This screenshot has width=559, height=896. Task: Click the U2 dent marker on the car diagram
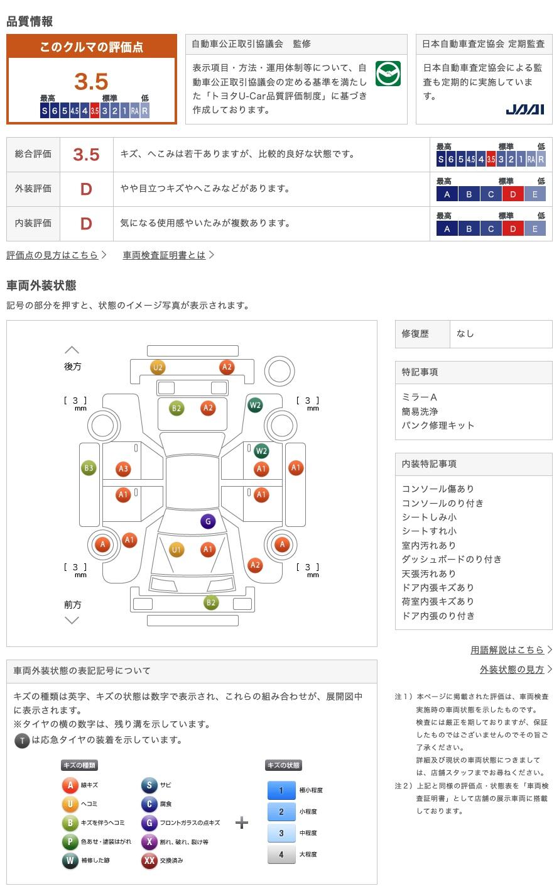(158, 367)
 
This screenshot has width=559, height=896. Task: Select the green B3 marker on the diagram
(89, 468)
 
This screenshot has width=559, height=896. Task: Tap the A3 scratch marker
(123, 469)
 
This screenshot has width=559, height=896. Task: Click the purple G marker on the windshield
(208, 521)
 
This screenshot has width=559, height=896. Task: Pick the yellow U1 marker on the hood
(176, 550)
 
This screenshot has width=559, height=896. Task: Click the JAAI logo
(524, 109)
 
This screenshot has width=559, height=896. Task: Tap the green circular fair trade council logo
(388, 74)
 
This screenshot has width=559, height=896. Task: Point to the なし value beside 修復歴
(465, 334)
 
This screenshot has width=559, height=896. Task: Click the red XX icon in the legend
(149, 860)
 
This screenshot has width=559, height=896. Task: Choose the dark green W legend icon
(70, 860)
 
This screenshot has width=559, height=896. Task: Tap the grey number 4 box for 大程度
(281, 855)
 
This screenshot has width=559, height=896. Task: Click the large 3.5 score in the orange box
(91, 81)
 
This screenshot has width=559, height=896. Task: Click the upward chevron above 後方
(72, 350)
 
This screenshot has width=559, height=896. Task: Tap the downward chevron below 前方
(72, 621)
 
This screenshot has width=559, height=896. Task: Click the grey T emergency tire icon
(22, 741)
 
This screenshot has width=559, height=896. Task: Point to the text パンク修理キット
(438, 425)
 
